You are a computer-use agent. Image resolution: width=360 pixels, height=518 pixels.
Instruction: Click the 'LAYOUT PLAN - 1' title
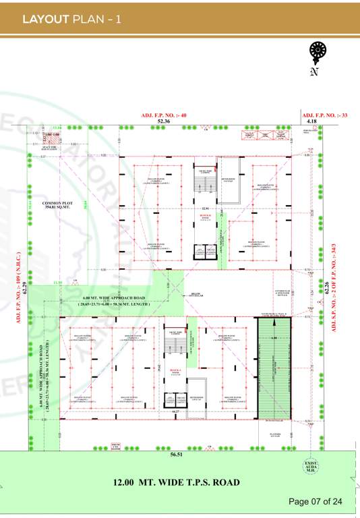coord(71,19)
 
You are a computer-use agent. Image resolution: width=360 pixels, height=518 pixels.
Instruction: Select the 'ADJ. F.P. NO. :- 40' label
coord(163,115)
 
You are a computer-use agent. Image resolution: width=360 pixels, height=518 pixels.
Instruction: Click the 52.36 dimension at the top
coord(164,121)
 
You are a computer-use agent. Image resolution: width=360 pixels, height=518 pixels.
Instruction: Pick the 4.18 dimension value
coord(311,121)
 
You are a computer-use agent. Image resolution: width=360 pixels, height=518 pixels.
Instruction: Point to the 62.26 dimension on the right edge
coord(327,288)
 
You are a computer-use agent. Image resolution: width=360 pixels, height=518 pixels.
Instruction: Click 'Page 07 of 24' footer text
coord(316,501)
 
